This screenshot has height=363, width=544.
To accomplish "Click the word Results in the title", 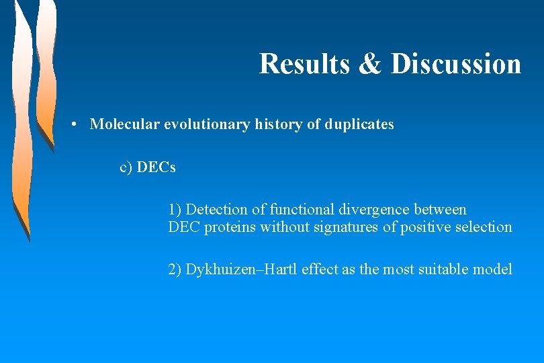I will [x=304, y=64].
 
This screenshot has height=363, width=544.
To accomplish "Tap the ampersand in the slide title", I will [x=369, y=64].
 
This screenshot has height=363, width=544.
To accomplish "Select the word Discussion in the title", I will [x=455, y=64].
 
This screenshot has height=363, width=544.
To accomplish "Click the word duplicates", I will [x=359, y=124].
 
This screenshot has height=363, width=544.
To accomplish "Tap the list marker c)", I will [x=126, y=167].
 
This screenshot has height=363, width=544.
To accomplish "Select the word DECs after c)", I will [x=156, y=167].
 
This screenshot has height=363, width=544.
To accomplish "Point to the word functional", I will [x=298, y=210].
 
